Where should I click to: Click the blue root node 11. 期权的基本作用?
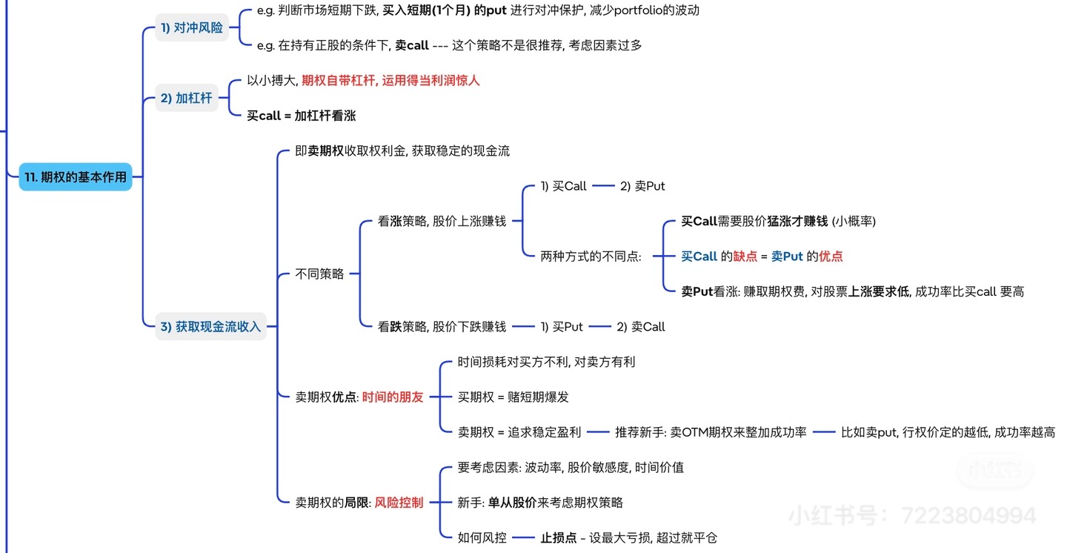76,177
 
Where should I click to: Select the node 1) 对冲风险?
191,28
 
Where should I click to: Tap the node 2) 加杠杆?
186,98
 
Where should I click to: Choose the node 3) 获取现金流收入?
211,326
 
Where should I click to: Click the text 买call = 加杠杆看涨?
302,116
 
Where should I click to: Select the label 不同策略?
319,274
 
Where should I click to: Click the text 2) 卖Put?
642,186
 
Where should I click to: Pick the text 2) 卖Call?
641,327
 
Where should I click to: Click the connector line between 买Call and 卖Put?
603,186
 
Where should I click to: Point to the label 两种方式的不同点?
591,256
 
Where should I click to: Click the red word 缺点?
745,256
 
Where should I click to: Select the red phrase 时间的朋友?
393,397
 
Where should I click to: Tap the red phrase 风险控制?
399,503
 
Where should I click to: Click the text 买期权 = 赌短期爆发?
513,397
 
